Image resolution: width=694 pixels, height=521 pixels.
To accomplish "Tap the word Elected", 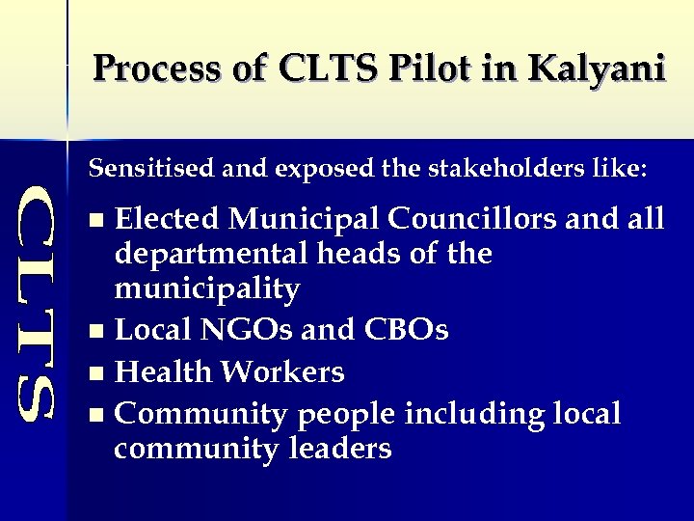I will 169,220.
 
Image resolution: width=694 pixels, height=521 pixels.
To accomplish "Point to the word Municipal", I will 306,220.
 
